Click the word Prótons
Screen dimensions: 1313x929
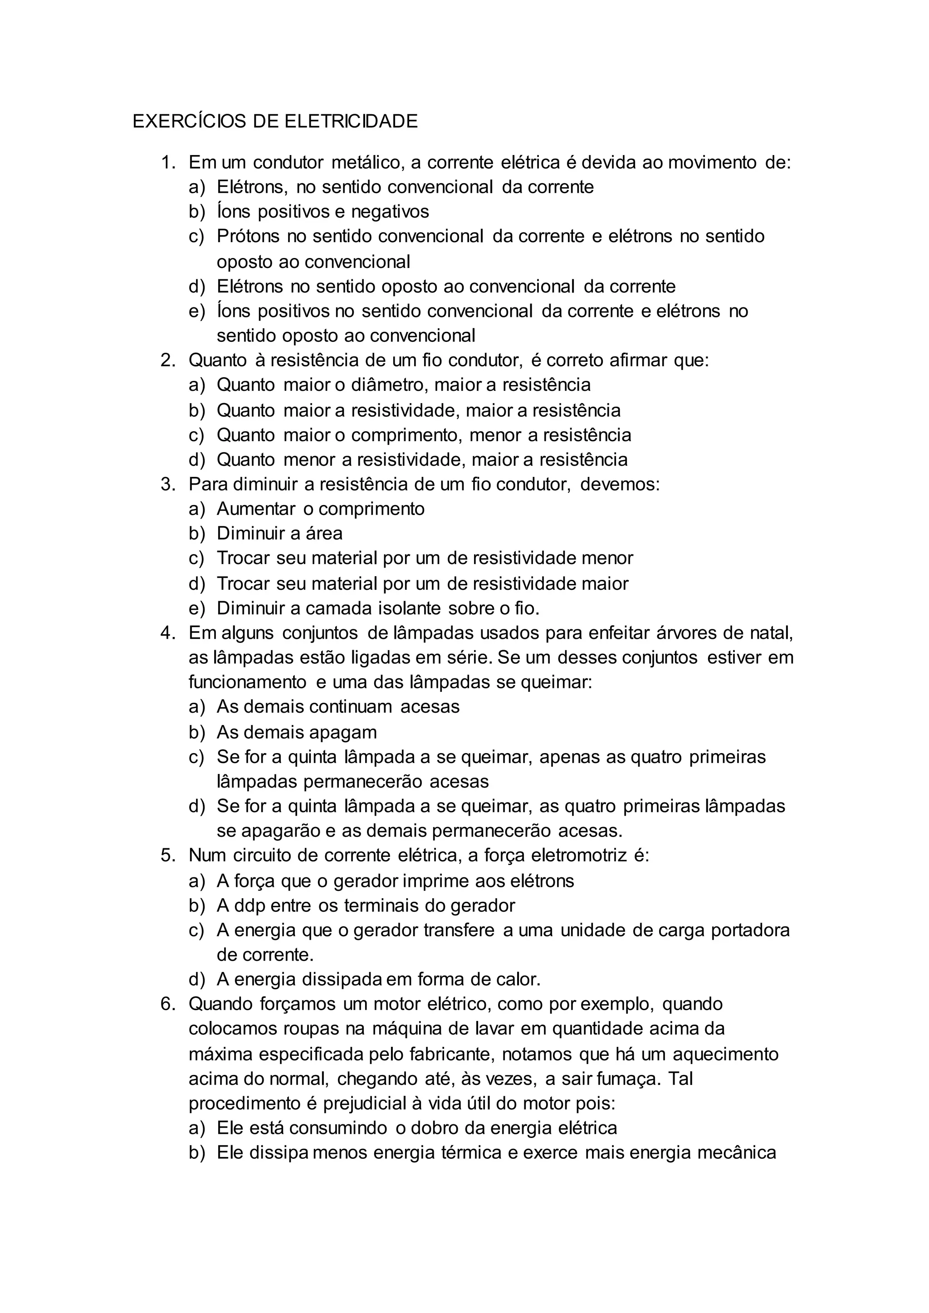[248, 236]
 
